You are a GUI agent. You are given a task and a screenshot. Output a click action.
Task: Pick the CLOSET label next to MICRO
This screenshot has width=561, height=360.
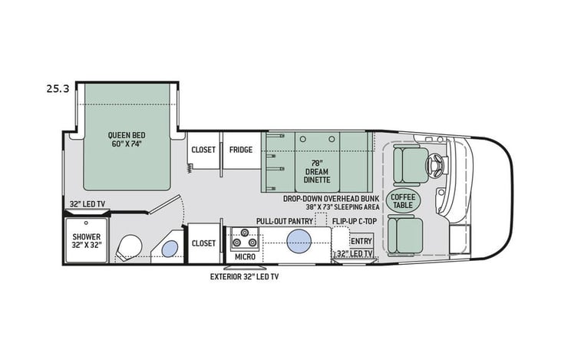pyautogui.click(x=203, y=243)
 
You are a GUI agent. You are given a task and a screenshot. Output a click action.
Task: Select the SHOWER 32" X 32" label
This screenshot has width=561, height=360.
pyautogui.click(x=87, y=241)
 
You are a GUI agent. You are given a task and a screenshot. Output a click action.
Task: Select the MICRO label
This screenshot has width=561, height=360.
pyautogui.click(x=245, y=256)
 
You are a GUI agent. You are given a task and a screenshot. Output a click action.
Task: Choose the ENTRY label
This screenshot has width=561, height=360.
pyautogui.click(x=361, y=241)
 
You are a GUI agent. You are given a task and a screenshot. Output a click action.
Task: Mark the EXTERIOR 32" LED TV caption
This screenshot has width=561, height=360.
pyautogui.click(x=245, y=276)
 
